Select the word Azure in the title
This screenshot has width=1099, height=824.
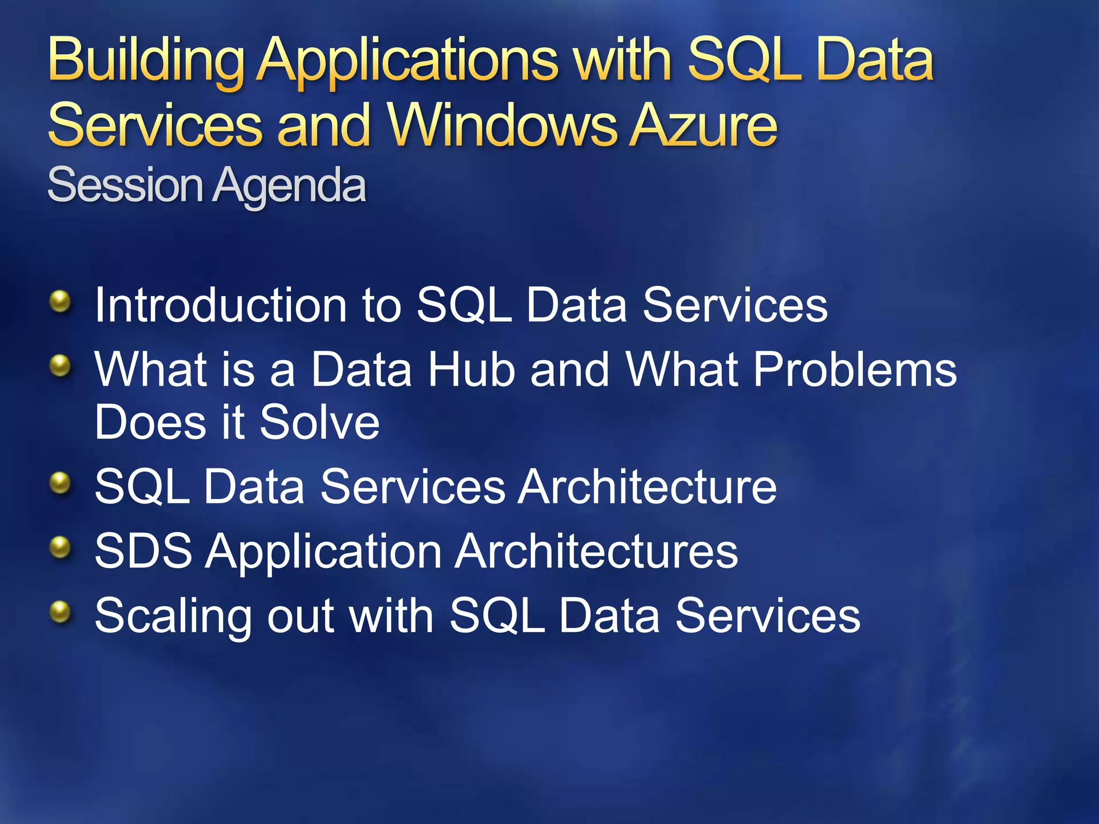[x=703, y=126]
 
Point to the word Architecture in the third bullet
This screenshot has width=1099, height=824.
[x=647, y=487]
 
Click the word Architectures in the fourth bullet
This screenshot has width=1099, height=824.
[x=596, y=551]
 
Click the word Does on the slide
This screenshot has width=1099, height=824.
[x=151, y=422]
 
